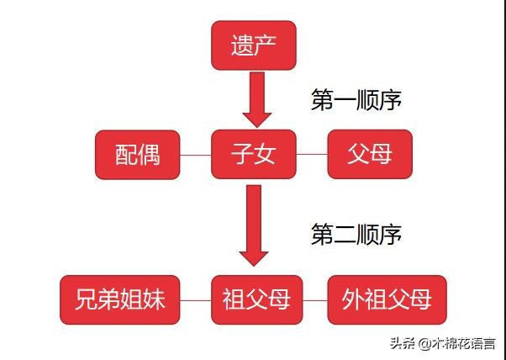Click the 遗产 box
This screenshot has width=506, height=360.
pos(254,45)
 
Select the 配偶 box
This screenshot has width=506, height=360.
pos(138,155)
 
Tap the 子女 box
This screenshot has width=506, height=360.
pos(254,154)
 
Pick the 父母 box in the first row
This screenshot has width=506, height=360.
pos(370,154)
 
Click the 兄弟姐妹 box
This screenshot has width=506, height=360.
pos(120,300)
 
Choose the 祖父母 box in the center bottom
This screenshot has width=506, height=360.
pos(257,300)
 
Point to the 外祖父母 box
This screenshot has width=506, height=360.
pos(387,300)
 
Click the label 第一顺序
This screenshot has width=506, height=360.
pos(356,100)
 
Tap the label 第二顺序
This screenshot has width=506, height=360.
pos(356,234)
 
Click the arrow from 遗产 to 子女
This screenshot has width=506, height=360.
pos(257,100)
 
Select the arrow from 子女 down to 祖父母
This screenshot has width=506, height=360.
pos(254,225)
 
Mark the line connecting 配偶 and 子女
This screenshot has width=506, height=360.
pos(196,155)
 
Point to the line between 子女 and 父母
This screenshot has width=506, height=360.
pos(312,154)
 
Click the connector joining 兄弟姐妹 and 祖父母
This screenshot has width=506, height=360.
pos(196,300)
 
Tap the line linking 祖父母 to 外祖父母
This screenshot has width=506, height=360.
pos(315,300)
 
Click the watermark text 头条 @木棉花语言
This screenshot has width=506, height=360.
pos(443,343)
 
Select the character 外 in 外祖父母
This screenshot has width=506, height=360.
pos(352,300)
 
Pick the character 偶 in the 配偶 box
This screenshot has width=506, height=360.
pos(149,155)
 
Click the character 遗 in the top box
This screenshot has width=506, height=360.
pos(242,45)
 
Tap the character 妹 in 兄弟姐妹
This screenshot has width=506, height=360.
pos(155,300)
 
